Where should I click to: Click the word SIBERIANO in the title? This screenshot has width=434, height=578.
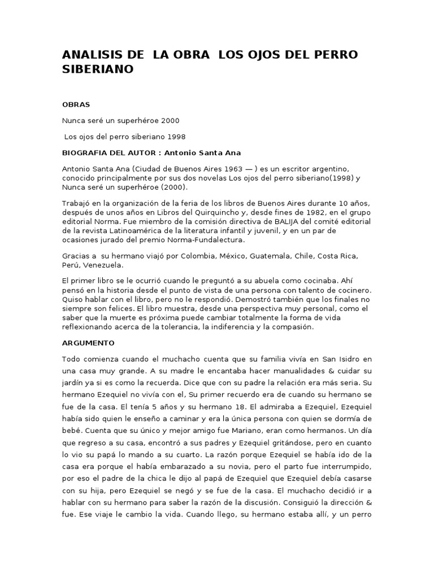pyautogui.click(x=98, y=69)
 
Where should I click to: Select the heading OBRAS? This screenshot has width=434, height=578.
pyautogui.click(x=76, y=104)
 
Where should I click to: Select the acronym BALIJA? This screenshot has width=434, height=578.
pyautogui.click(x=273, y=222)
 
